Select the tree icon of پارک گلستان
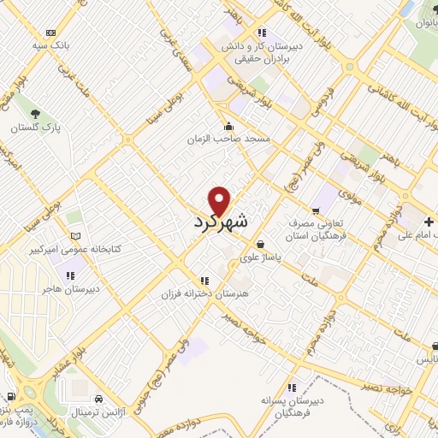(x=35, y=113)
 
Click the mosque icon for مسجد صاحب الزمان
(x=228, y=125)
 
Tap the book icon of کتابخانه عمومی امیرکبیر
(x=76, y=235)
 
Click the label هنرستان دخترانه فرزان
(x=204, y=293)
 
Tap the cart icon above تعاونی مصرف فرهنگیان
(x=315, y=209)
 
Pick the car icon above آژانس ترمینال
(x=101, y=400)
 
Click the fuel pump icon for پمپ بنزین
(x=9, y=396)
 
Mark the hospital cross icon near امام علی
(x=429, y=222)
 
